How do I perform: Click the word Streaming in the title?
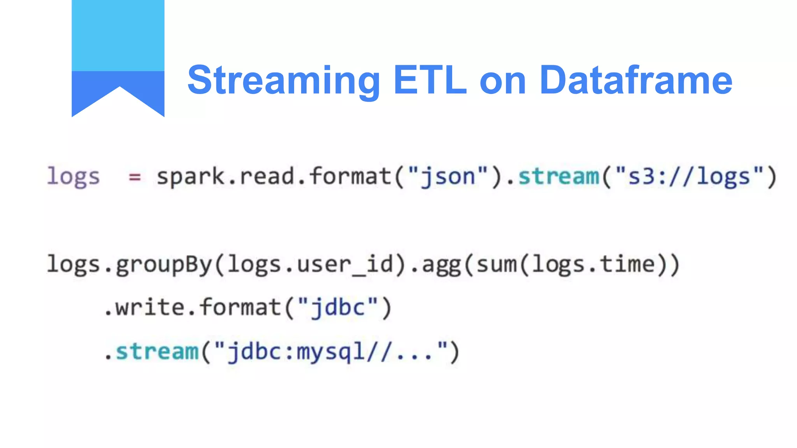tap(283, 80)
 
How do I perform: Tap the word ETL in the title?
tap(430, 80)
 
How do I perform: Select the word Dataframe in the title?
tap(635, 80)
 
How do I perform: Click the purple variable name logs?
tap(73, 177)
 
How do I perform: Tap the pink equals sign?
tap(135, 177)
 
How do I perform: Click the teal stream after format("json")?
tap(559, 177)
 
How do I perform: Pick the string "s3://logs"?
tap(689, 177)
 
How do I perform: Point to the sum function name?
tap(497, 265)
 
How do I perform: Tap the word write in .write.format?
tap(150, 308)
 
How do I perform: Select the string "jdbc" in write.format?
tap(338, 308)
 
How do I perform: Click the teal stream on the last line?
tap(157, 352)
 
